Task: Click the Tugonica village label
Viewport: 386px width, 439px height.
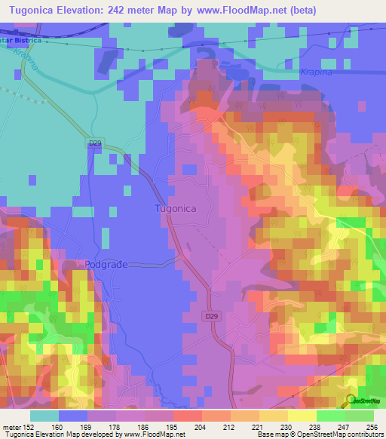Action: coord(176,208)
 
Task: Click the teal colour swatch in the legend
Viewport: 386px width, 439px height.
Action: coord(44,416)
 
